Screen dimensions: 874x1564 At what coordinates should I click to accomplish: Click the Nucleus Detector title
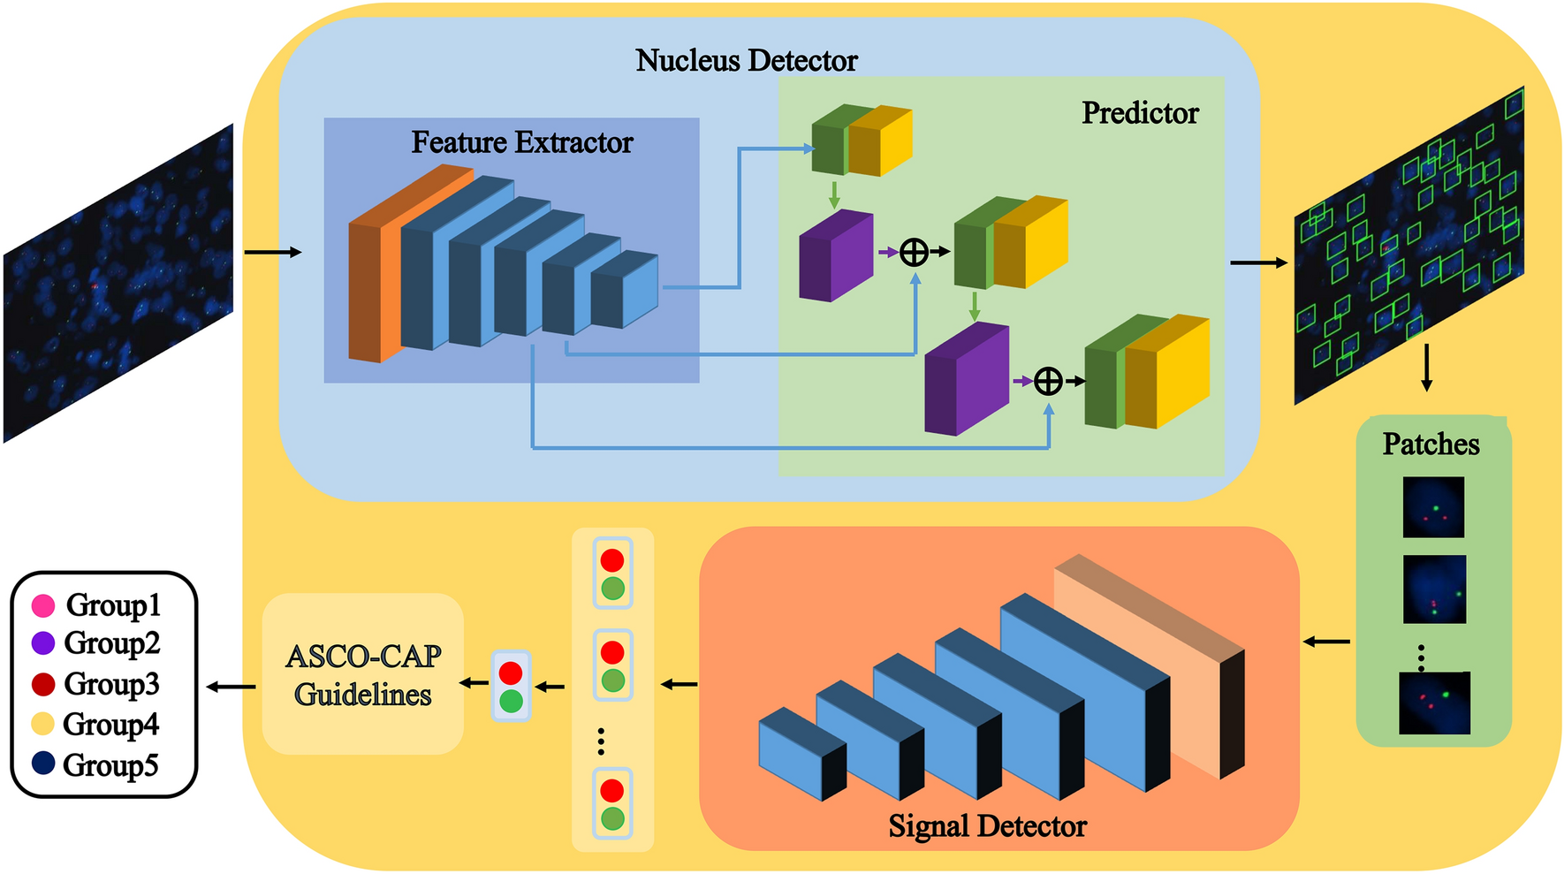pos(746,60)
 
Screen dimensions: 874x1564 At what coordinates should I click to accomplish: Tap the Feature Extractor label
pos(521,142)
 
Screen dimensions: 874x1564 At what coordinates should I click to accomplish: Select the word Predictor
pos(1140,113)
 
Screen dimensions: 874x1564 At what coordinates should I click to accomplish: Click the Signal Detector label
pos(987,825)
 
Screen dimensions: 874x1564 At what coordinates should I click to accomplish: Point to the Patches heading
pos(1431,444)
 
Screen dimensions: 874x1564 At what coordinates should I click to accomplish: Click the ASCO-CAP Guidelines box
pos(363,674)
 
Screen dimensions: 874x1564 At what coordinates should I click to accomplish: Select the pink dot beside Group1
pos(43,605)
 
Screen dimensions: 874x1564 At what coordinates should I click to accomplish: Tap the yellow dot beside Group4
pos(42,724)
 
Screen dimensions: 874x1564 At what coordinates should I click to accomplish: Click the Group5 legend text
pos(110,764)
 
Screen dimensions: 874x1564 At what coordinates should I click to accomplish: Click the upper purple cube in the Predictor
pos(835,256)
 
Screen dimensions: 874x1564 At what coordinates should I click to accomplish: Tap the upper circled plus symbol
pos(914,253)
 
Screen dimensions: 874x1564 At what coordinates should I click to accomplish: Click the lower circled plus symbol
pos(1048,382)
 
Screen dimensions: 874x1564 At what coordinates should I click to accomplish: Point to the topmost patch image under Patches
pos(1433,507)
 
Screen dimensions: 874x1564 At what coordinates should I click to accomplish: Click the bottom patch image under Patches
pos(1434,703)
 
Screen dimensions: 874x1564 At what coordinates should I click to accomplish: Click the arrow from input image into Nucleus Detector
pos(272,253)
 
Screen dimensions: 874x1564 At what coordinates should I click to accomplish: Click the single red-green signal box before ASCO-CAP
pos(511,687)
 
